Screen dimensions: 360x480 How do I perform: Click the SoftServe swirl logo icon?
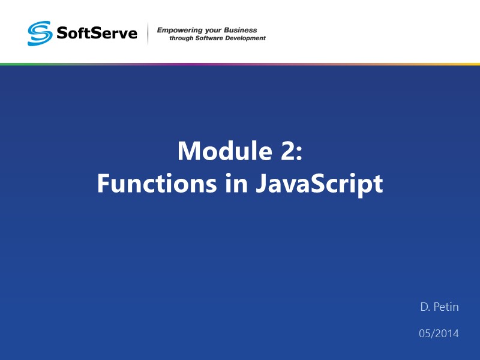tap(40, 33)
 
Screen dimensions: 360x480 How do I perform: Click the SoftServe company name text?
tap(96, 33)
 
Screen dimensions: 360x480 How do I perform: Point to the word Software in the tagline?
tap(214, 38)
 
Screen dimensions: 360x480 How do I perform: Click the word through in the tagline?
tap(181, 38)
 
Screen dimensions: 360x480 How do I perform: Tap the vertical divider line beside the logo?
tap(148, 34)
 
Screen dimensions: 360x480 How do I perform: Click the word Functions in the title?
tap(148, 184)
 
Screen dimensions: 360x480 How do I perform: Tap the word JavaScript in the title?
tap(317, 184)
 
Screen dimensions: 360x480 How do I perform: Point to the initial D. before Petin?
tap(425, 307)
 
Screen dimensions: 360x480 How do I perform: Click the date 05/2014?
tap(439, 333)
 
